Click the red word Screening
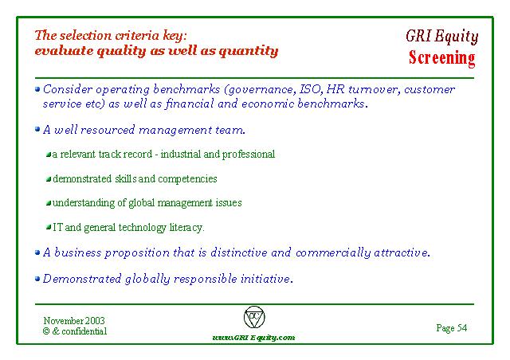(x=441, y=58)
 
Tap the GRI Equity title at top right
(x=442, y=36)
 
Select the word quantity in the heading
(x=249, y=52)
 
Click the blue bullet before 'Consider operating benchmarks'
(x=37, y=88)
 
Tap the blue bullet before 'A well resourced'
(x=37, y=129)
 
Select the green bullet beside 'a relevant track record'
(x=49, y=155)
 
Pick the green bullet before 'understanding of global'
(x=49, y=203)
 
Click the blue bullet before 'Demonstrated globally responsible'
(x=37, y=279)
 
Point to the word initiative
(x=267, y=279)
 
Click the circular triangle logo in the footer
(x=254, y=317)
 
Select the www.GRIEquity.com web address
(x=253, y=338)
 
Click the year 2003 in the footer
(x=95, y=321)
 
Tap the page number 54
(x=462, y=328)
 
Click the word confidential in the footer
(x=84, y=331)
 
